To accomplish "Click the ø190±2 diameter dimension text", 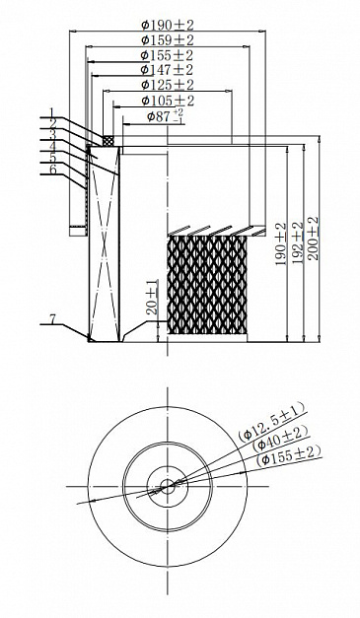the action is [168, 26].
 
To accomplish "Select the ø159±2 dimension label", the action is [168, 40].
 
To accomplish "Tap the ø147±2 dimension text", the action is [168, 70].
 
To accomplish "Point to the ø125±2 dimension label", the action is [168, 85].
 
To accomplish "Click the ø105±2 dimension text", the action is [168, 101].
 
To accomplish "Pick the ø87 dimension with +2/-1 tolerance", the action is [166, 116].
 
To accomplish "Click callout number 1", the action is [52, 112].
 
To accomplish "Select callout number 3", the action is [52, 134].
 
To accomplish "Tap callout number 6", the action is [53, 170].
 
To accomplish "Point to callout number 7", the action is [53, 318].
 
